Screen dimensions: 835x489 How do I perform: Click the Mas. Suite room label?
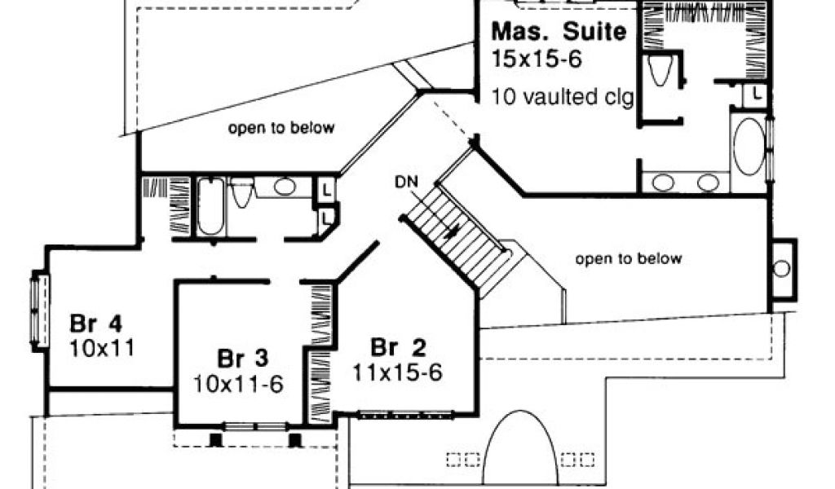559,32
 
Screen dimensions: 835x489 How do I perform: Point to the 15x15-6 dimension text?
537,59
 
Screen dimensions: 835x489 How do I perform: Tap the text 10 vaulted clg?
563,97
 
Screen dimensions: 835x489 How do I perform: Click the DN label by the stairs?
406,182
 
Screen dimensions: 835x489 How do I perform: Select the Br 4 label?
96,323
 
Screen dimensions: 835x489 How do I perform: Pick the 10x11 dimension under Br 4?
102,348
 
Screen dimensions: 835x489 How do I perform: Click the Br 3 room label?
242,359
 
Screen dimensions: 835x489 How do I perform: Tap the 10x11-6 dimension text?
237,384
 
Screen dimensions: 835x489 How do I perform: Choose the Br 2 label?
398,348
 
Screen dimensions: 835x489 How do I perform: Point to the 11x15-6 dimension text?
397,372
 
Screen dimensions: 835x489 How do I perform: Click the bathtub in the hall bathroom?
211,206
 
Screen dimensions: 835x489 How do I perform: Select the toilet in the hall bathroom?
242,192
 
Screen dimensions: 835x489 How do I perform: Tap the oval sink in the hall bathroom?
285,187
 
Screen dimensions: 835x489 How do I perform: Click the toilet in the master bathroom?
660,70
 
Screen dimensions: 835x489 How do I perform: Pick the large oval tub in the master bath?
749,147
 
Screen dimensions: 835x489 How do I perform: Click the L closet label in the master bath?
756,95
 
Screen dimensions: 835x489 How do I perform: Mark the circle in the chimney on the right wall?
781,268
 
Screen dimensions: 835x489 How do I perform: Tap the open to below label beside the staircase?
629,258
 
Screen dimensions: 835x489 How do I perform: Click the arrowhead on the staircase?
454,231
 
